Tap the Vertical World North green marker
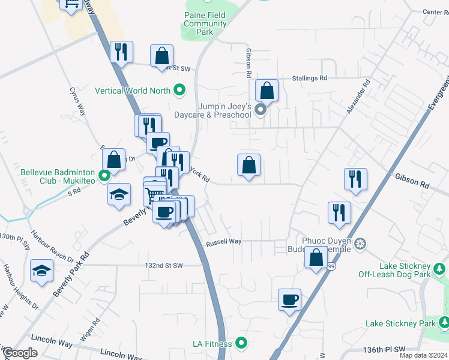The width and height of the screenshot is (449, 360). coord(179,91)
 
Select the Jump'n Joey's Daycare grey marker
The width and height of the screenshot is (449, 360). coord(260,110)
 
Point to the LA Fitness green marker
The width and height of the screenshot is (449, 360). coord(241,343)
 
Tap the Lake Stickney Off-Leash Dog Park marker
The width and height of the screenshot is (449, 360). coord(440,266)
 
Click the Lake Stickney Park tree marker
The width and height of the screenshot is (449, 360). coord(443,323)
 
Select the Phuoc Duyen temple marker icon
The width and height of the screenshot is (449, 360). coord(360,244)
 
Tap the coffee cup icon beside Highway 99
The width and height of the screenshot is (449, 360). coord(289,299)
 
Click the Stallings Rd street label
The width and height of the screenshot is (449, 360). coord(310,78)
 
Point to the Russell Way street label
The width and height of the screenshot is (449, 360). coord(223,242)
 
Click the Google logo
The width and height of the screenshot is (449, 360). coord(20,353)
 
